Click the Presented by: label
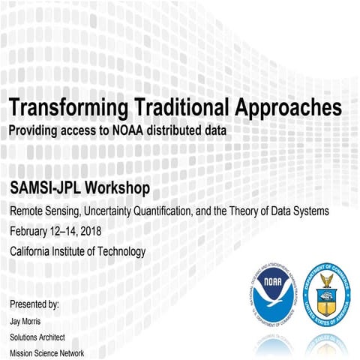tap(34, 304)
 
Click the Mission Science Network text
tap(46, 353)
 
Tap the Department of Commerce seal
tap(326, 293)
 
